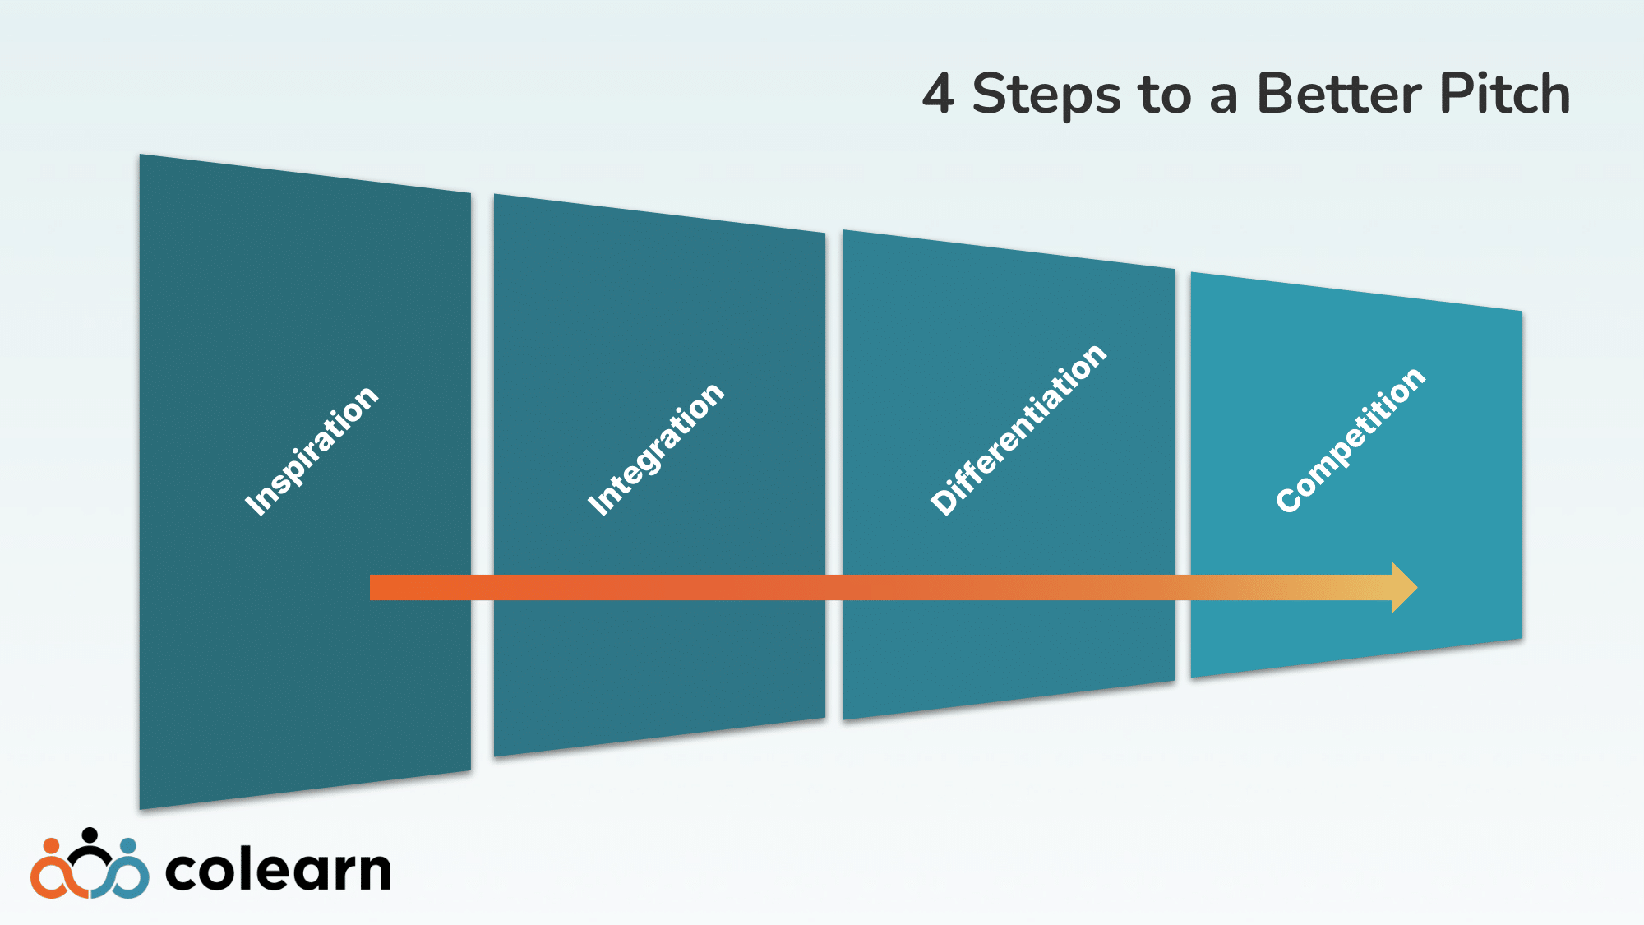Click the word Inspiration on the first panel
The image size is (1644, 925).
coord(312,451)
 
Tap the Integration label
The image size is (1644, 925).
coord(656,449)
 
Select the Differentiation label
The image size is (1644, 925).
coord(1018,430)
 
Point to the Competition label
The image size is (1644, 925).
coord(1351,440)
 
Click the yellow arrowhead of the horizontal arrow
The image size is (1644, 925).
coord(1403,587)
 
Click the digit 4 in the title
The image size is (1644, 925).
coord(938,94)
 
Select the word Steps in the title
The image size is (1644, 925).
coord(1046,95)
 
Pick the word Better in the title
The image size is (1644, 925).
coord(1339,94)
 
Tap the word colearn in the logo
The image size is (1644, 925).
coord(278,870)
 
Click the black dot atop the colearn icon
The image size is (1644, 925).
coord(90,835)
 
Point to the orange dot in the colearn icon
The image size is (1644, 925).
coord(51,846)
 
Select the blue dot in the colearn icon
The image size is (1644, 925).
coord(128,846)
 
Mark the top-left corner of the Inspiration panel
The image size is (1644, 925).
coord(141,156)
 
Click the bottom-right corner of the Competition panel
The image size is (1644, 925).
coord(1521,637)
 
